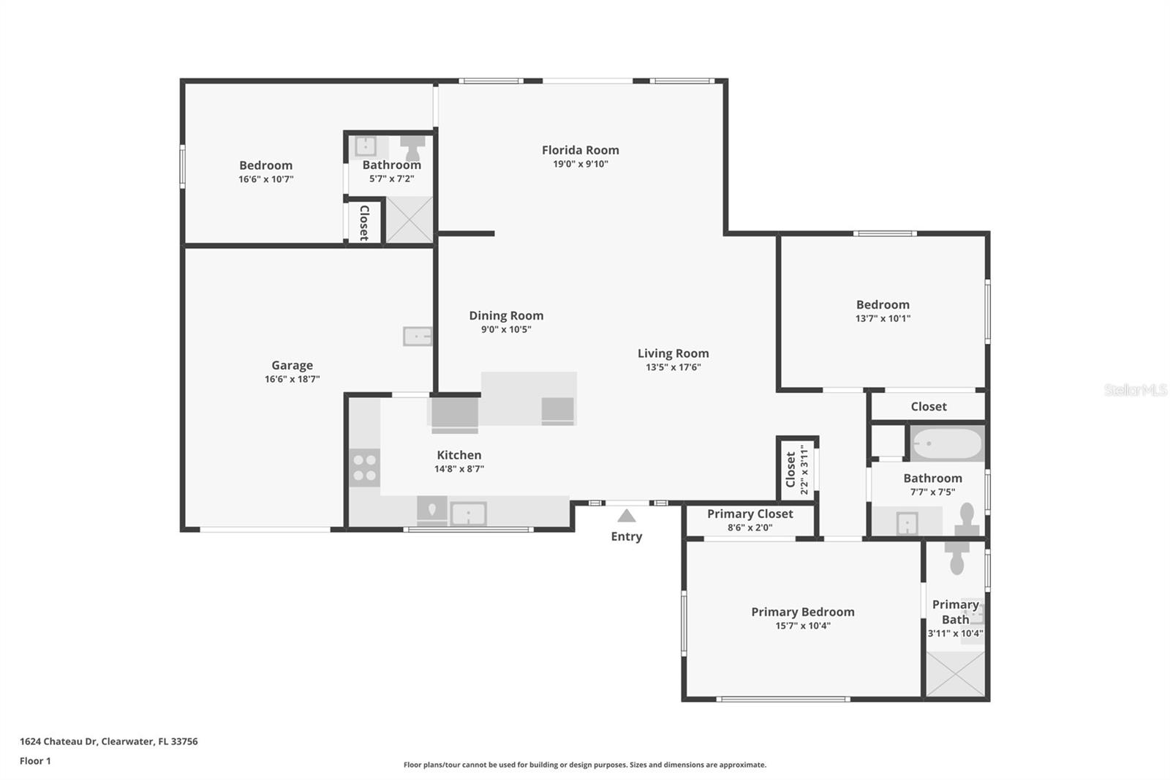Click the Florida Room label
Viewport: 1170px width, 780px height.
(x=580, y=150)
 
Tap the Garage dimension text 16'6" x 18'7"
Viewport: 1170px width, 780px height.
(x=292, y=379)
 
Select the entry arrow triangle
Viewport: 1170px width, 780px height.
(x=627, y=516)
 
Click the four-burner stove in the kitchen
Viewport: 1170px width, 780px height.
(x=364, y=468)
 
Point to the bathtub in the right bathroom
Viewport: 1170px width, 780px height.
(x=947, y=443)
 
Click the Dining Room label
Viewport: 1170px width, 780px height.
(x=506, y=315)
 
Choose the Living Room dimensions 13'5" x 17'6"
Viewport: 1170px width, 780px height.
(x=673, y=367)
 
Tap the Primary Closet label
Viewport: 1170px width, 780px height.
(x=750, y=514)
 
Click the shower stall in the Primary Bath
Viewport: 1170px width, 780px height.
(x=956, y=673)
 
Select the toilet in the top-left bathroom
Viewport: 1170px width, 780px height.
(x=413, y=148)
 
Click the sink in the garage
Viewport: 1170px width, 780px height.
(x=418, y=337)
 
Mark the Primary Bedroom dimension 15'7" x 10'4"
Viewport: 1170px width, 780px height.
(x=802, y=626)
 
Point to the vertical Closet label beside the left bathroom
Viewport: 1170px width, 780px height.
(x=364, y=222)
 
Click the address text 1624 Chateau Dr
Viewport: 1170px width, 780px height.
(x=108, y=741)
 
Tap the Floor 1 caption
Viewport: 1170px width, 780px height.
(x=35, y=761)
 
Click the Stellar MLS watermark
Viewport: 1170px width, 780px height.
(x=1135, y=390)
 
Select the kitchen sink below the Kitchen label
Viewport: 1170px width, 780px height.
(x=468, y=513)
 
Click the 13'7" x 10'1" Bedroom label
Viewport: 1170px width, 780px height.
(x=883, y=304)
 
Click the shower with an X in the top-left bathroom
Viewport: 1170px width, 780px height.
(x=409, y=220)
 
